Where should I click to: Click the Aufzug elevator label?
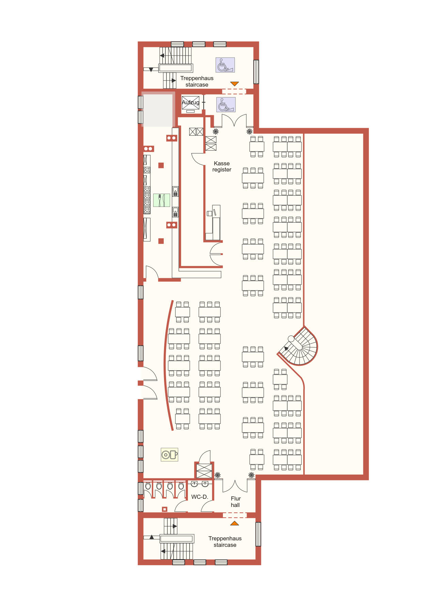coord(191,102)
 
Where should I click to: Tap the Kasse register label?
coord(222,166)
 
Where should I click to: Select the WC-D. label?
coord(200,497)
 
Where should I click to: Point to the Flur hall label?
coord(236,502)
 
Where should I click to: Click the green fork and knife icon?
coord(161,200)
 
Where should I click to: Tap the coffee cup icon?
coord(169,454)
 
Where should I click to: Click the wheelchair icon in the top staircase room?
coord(225,65)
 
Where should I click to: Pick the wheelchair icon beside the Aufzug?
coord(226,105)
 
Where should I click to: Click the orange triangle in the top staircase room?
coord(234,84)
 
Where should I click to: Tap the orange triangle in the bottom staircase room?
coord(234,523)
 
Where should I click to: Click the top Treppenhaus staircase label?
coord(197,81)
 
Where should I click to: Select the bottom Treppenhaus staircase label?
coord(225,541)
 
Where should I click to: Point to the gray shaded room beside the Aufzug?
coord(158,109)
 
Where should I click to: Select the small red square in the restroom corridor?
coord(164,509)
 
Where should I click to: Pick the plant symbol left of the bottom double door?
coord(217,475)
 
